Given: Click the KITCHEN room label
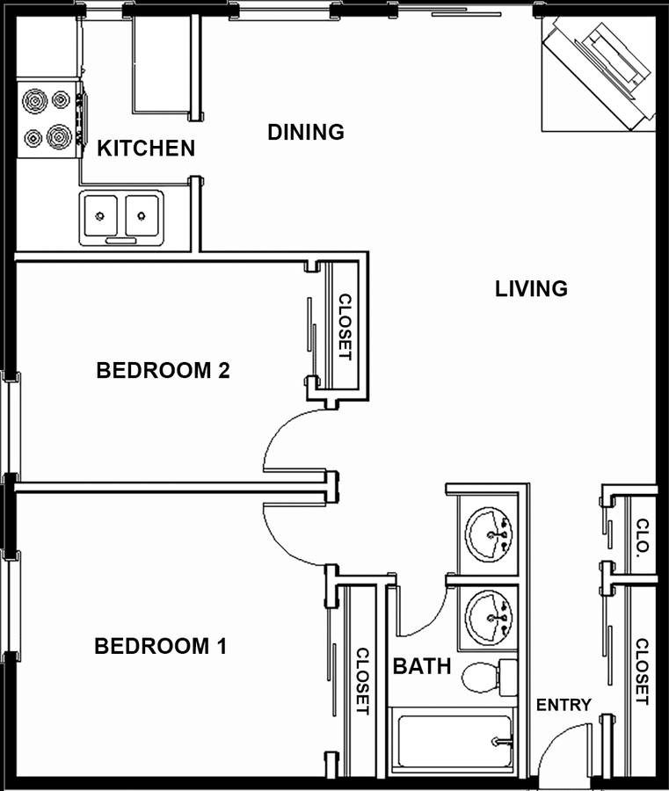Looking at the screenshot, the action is (146, 149).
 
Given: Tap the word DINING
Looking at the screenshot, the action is (306, 132).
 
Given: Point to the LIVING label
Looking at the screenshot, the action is (531, 288).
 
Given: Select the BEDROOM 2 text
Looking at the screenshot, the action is (163, 370).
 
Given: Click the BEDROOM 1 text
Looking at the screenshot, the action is (161, 646).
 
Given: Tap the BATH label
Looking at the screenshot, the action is (422, 666).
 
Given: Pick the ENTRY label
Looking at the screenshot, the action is (563, 705).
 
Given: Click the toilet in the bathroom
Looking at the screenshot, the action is (490, 677).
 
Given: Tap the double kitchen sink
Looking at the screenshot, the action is (121, 217).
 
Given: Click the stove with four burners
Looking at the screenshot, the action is (49, 119).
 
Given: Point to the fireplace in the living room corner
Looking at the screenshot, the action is (599, 74).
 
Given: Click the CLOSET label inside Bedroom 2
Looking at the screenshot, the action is (345, 327).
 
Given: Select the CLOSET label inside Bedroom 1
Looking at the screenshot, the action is (363, 681).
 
